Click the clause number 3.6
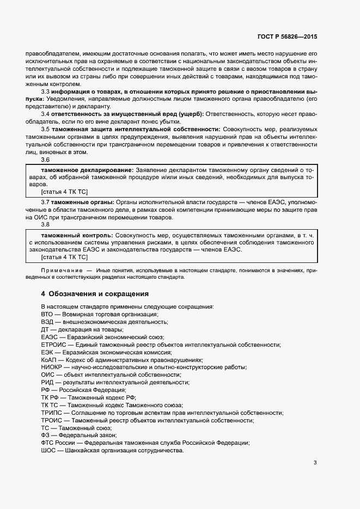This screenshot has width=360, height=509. [45, 160]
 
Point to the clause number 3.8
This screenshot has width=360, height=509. [45, 224]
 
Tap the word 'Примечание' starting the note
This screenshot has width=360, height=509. [60, 271]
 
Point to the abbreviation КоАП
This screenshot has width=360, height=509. [50, 360]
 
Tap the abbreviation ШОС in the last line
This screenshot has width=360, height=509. [49, 451]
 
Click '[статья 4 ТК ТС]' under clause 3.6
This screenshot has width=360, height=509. [64, 192]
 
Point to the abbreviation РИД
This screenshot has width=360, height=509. [48, 383]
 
